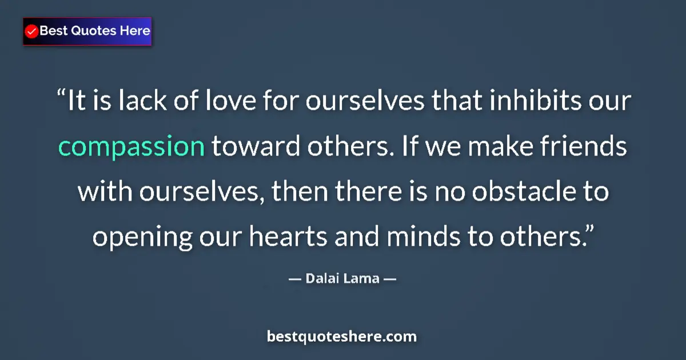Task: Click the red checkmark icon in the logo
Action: point(32,31)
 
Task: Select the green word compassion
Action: point(131,147)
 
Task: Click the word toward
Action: point(257,147)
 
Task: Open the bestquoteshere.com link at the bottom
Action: point(342,337)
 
